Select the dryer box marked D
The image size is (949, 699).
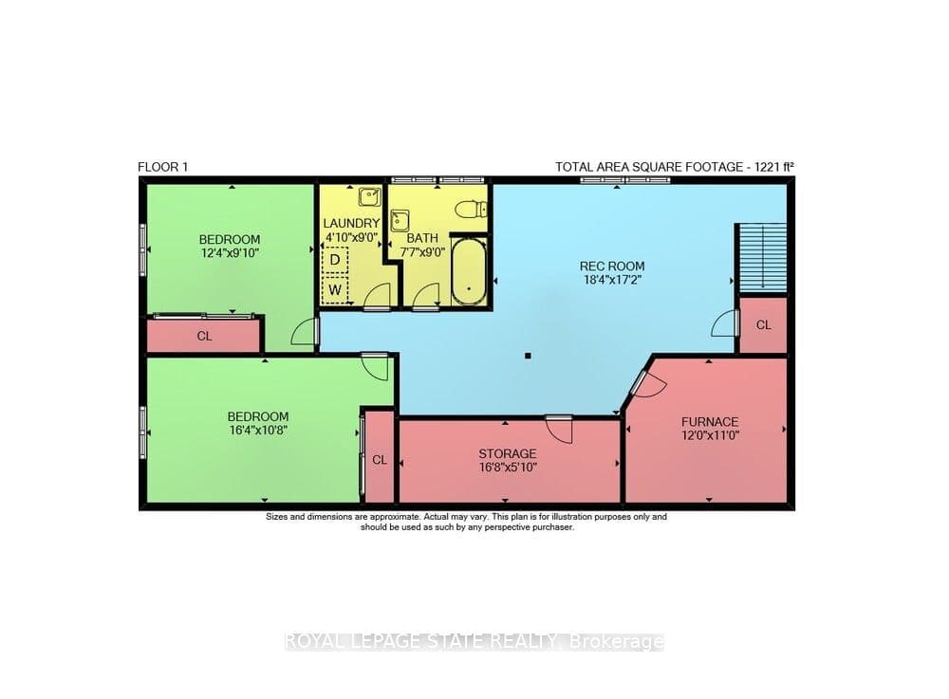(x=335, y=260)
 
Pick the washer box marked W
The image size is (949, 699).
(x=335, y=289)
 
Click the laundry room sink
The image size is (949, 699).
(x=369, y=196)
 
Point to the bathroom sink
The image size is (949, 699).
(x=400, y=221)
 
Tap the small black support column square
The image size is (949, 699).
(x=528, y=357)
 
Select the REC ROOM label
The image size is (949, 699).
(x=612, y=267)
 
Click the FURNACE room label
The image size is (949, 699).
(x=710, y=421)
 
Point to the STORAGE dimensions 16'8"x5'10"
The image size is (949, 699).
(x=508, y=467)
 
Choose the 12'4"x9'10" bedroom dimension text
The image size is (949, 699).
(x=230, y=252)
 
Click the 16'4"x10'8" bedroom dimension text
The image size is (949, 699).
(x=258, y=431)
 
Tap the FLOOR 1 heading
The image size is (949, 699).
(x=163, y=167)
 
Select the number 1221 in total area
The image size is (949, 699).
(x=766, y=167)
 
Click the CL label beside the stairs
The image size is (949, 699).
(x=764, y=325)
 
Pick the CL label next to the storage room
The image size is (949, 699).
(x=380, y=460)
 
